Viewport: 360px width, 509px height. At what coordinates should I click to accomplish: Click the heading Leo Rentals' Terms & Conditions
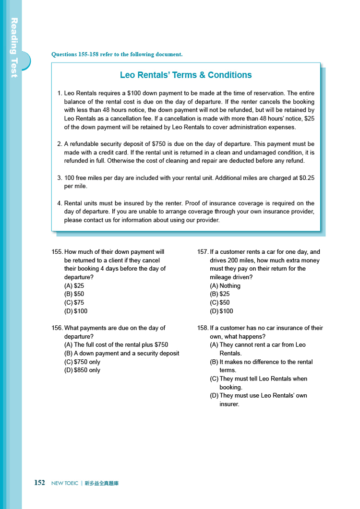186,75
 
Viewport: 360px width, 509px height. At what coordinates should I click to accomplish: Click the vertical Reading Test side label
14,47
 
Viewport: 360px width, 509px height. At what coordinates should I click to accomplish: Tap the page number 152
39,483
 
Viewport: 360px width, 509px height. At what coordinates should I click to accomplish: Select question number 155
57,252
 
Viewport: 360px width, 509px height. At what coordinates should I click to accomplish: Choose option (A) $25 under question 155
74,286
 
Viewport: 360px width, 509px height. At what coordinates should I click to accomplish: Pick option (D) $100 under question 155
76,311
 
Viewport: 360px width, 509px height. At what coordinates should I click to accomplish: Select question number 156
57,328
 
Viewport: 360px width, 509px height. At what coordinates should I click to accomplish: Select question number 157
203,252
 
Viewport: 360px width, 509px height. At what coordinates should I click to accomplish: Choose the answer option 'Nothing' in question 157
225,286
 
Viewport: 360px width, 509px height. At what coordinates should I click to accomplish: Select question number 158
203,328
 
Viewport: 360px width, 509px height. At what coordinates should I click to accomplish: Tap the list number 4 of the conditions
59,203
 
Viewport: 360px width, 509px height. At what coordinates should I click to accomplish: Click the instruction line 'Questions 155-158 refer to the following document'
117,55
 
